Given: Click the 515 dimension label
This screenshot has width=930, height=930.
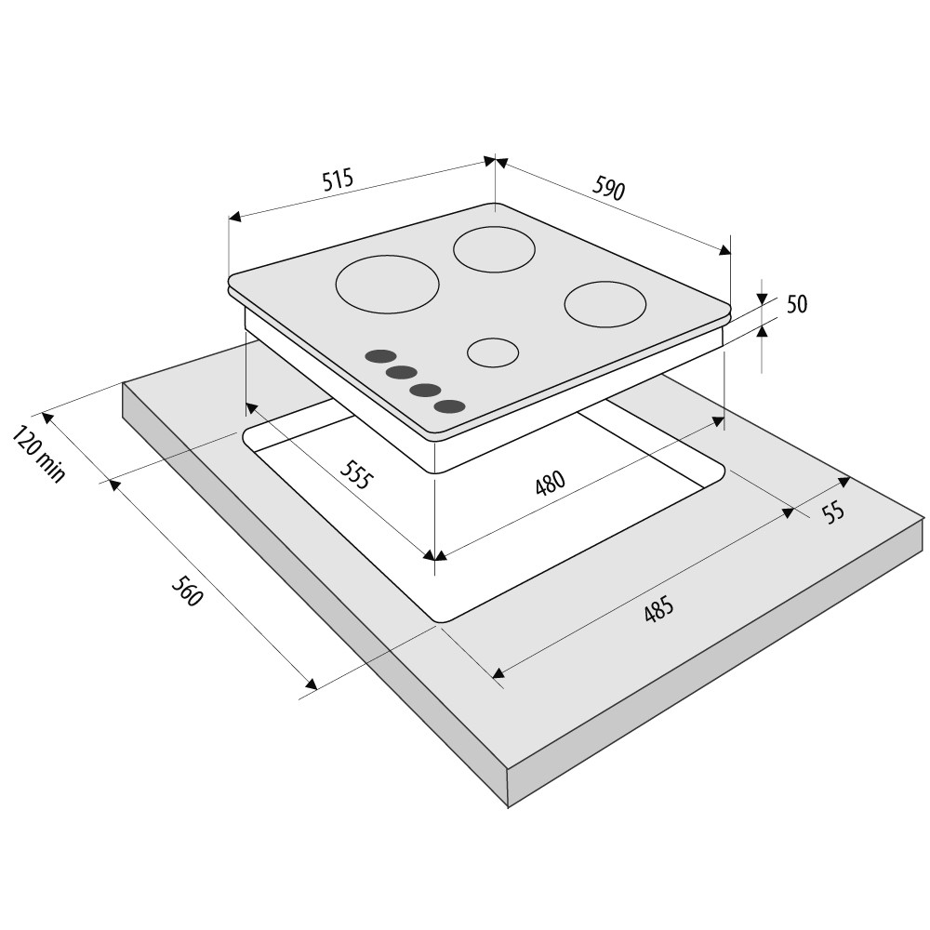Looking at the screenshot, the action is (x=338, y=179).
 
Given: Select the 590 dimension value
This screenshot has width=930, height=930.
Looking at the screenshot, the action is (x=608, y=189).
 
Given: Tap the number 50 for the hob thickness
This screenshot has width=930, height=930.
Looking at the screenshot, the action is (x=797, y=304).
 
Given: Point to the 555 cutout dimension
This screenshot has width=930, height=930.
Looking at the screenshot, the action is (x=358, y=474).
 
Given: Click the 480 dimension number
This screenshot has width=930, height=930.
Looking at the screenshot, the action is (x=551, y=483).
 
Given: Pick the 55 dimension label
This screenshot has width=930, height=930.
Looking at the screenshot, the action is (x=833, y=511).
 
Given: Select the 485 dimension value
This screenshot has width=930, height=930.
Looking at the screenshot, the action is (x=659, y=609).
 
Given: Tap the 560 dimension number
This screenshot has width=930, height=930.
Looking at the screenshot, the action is (x=187, y=591).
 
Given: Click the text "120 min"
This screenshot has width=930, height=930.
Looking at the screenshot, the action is (x=38, y=454).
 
